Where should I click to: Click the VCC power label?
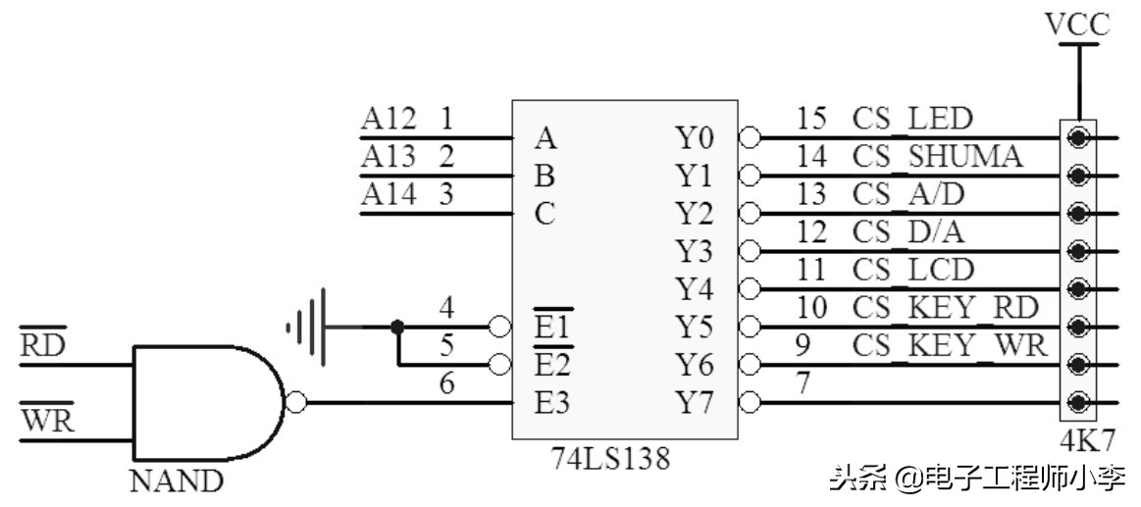click(1078, 25)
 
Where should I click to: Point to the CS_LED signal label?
click(911, 120)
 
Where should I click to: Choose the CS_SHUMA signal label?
click(937, 157)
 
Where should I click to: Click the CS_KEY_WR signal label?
click(950, 346)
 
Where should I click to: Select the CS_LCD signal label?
click(912, 270)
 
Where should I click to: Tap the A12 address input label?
click(389, 120)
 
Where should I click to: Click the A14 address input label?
click(389, 194)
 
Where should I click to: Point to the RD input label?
click(42, 344)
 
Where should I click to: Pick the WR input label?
click(43, 421)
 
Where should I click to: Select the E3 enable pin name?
click(551, 402)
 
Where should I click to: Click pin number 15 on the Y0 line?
click(811, 120)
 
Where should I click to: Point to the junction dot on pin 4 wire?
click(397, 327)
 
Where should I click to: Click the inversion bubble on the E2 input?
click(499, 365)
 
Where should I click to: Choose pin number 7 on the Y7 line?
click(803, 383)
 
